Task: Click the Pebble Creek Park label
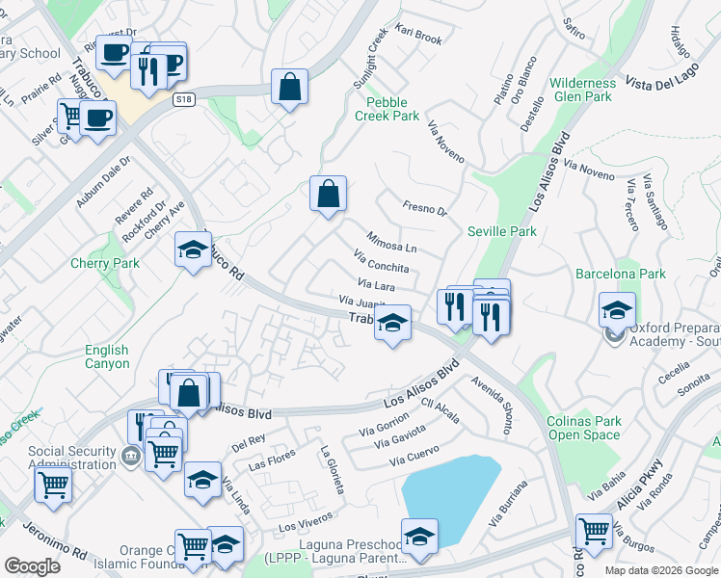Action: click(x=387, y=109)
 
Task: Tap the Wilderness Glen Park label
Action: click(x=582, y=90)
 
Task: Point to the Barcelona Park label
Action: click(x=621, y=275)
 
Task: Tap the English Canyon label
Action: click(x=106, y=356)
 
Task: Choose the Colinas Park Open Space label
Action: click(x=584, y=428)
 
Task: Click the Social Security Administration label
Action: click(x=71, y=458)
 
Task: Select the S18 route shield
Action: click(x=184, y=99)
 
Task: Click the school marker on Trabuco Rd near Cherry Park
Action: click(x=193, y=250)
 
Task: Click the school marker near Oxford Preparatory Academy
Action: click(x=617, y=310)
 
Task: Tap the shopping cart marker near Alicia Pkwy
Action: click(x=594, y=531)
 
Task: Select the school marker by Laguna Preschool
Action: click(x=419, y=537)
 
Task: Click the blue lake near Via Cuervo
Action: click(x=448, y=491)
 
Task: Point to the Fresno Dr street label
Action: click(x=425, y=209)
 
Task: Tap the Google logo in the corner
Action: click(x=32, y=566)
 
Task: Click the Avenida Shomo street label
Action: click(x=494, y=405)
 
